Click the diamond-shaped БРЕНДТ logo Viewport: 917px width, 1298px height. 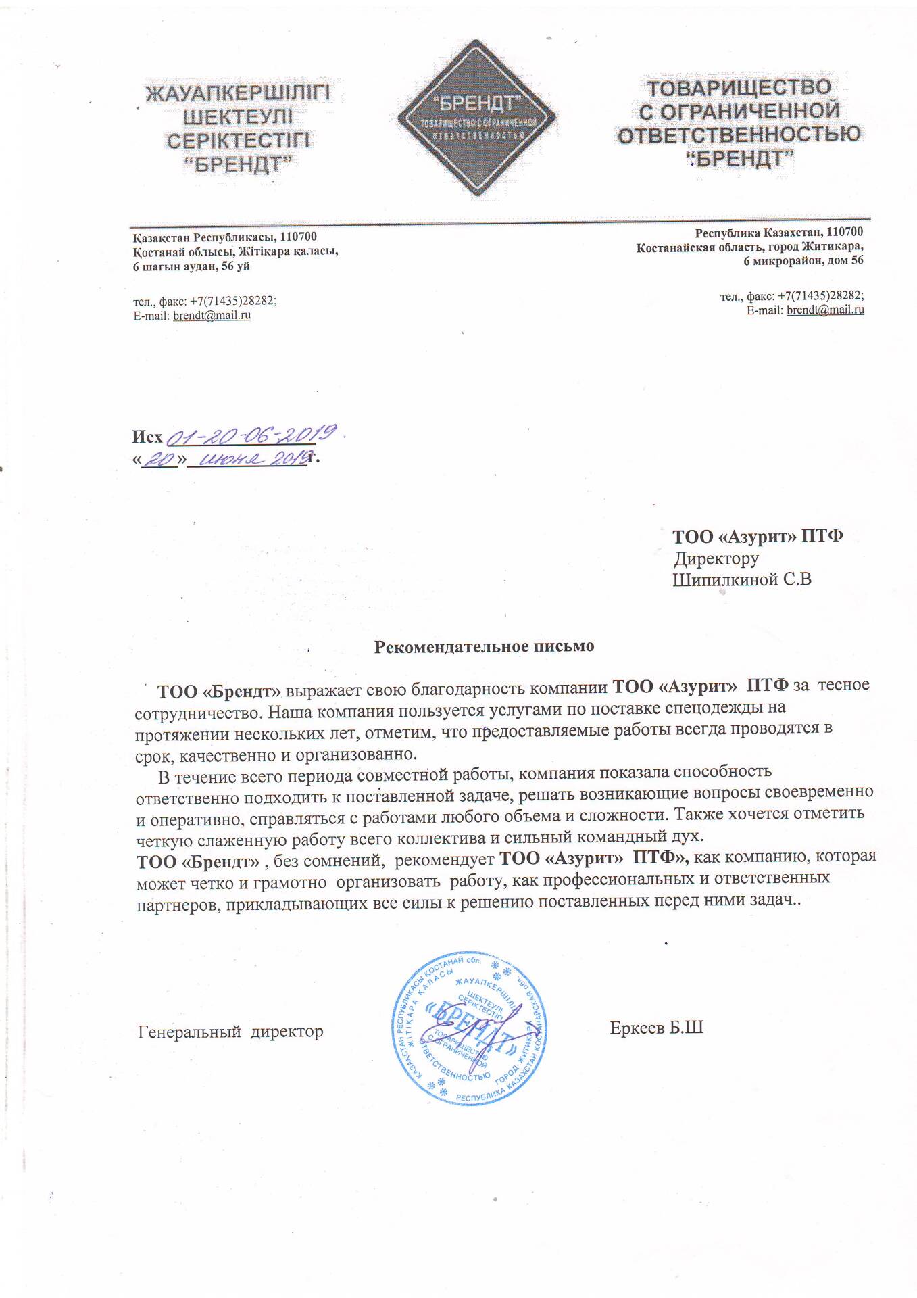coord(476,118)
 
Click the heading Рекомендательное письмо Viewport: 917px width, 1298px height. coord(484,646)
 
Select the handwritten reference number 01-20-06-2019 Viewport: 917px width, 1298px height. coord(251,435)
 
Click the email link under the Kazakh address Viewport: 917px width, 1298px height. coord(212,316)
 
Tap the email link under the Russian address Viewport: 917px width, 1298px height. coord(825,310)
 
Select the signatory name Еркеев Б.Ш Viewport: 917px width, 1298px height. coord(656,1028)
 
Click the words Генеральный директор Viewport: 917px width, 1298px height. coord(230,1032)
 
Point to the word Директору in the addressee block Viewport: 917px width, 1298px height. coord(716,558)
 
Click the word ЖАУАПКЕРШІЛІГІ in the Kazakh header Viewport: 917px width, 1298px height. coord(238,93)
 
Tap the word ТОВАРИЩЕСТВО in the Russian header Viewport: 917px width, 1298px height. coord(739,88)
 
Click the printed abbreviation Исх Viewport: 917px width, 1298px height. coord(147,437)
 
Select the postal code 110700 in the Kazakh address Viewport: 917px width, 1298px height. coord(298,237)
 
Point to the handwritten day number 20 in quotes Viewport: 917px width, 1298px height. coord(159,460)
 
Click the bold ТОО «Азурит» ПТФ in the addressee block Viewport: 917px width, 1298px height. coord(757,537)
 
